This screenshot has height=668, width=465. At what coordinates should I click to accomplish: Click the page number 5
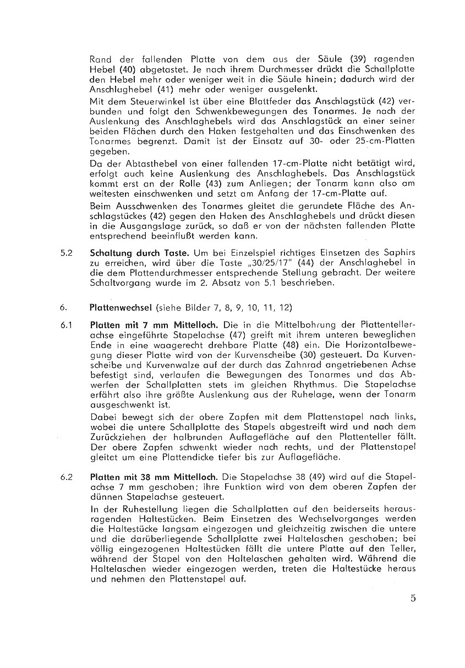click(412, 599)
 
